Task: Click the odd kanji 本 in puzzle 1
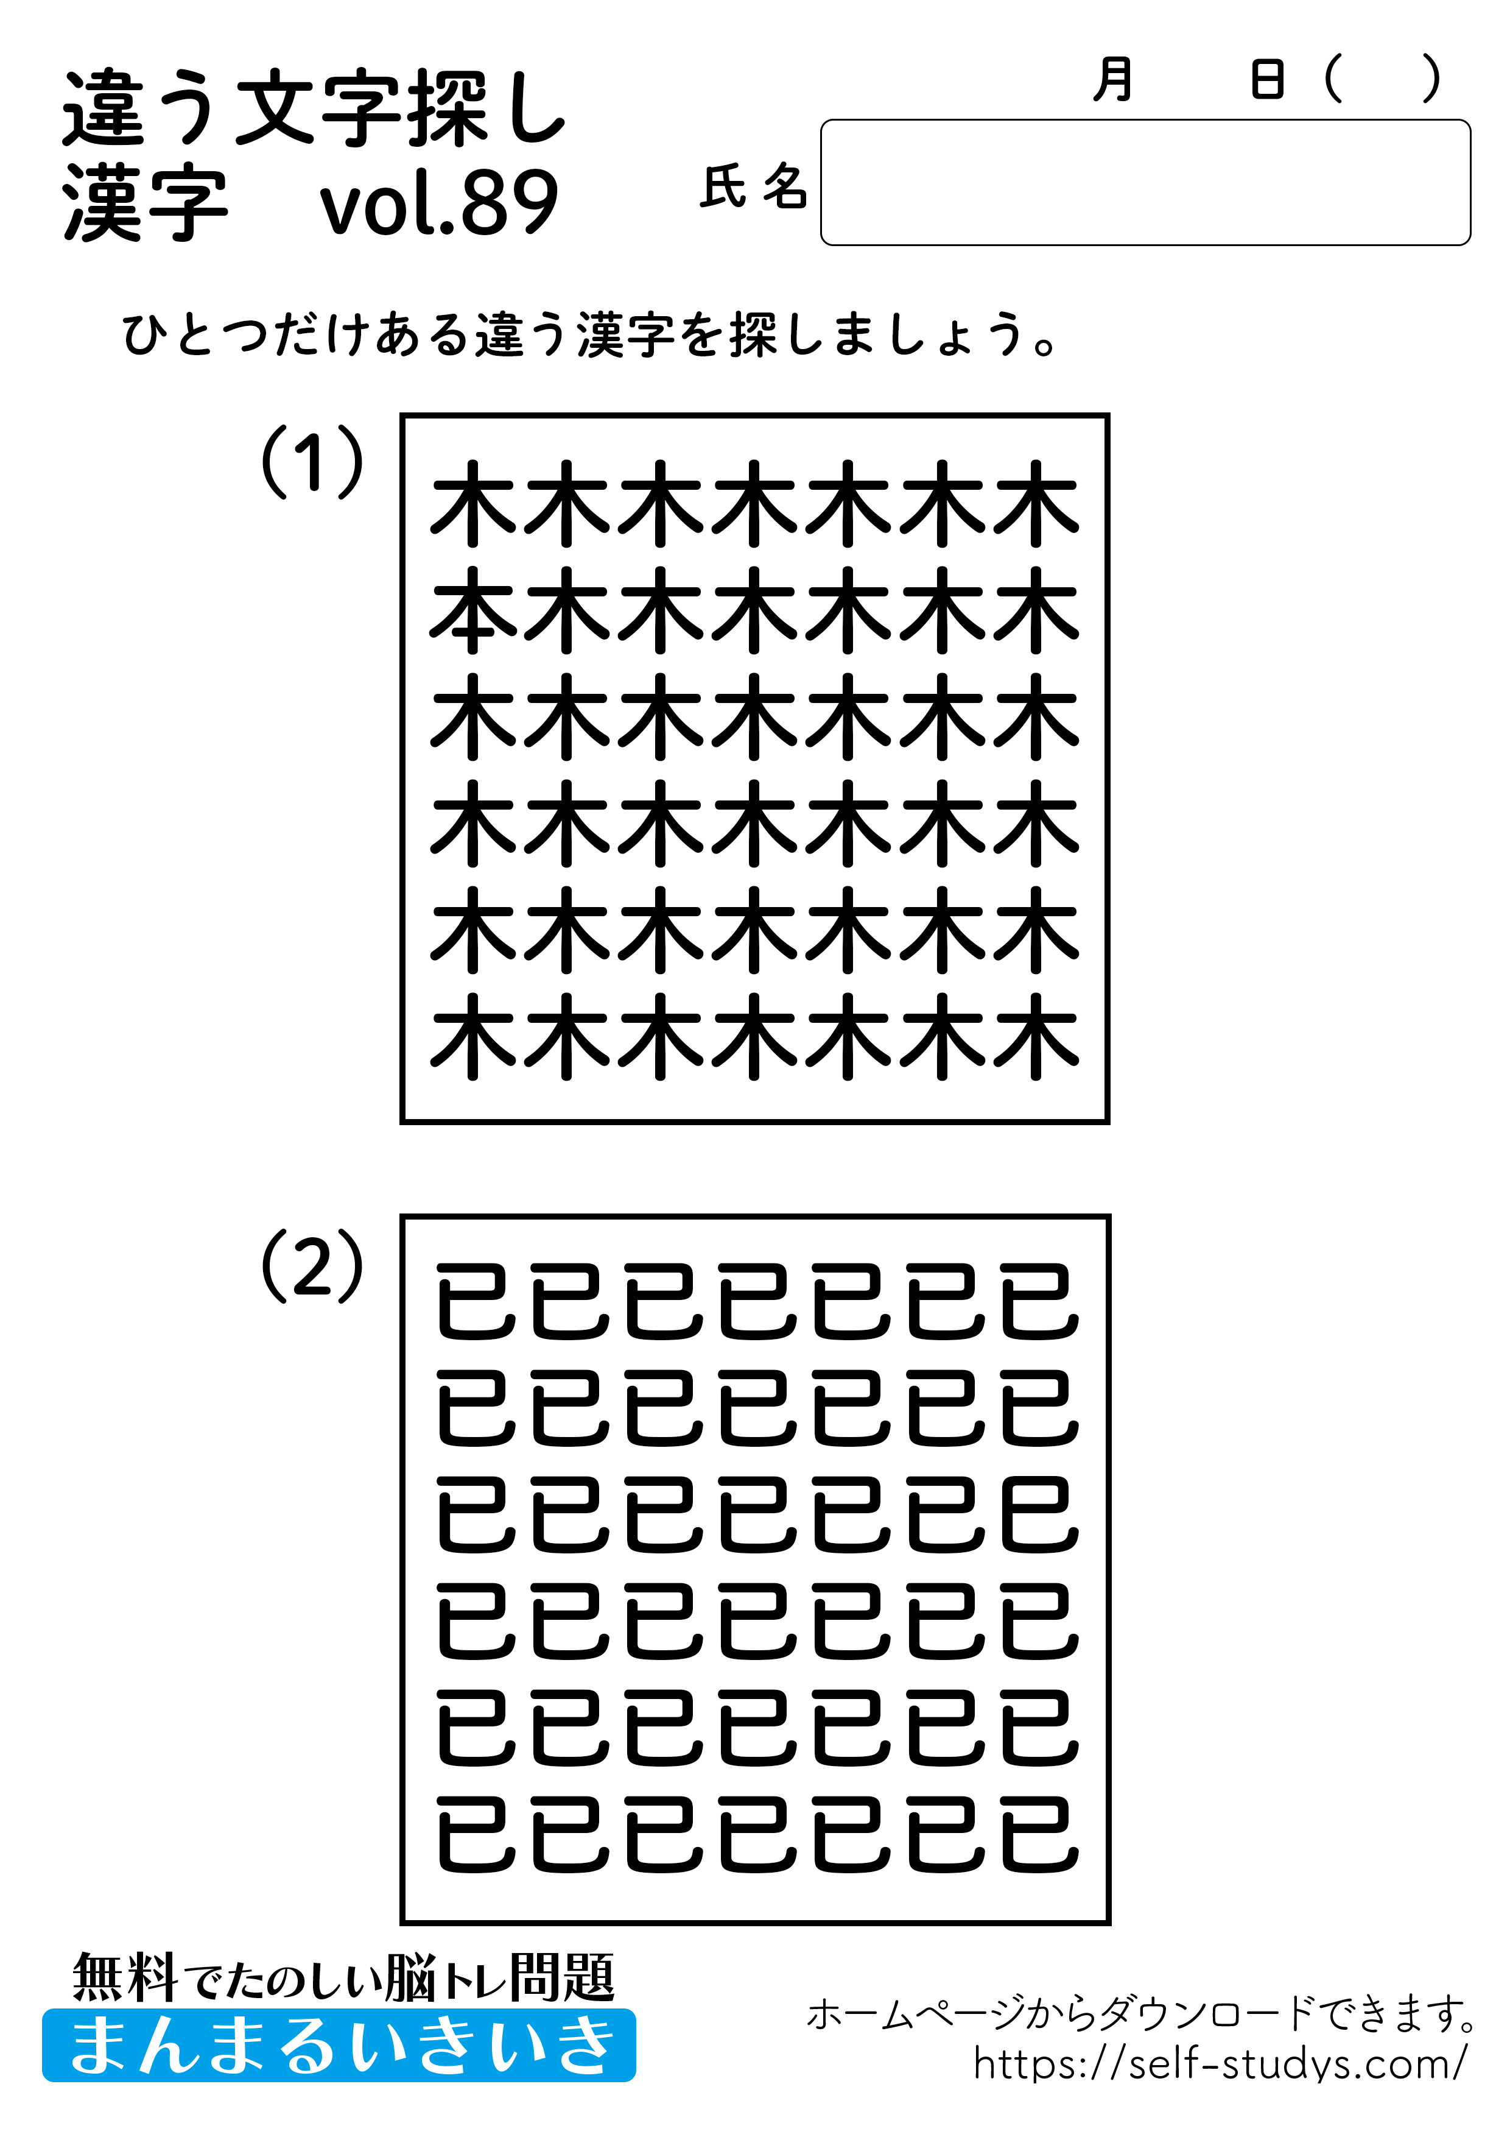pos(472,610)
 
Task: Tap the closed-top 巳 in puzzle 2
pos(1039,1515)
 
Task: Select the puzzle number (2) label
pos(312,1266)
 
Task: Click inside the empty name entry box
pos(1144,182)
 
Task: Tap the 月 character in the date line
pos(1113,79)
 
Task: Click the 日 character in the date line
pos(1267,79)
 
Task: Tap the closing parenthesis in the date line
pos(1431,79)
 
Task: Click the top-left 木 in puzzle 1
pos(472,504)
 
